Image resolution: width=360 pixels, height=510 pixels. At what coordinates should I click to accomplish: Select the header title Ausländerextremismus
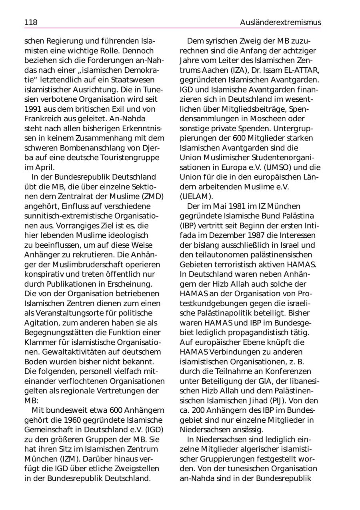coord(280,22)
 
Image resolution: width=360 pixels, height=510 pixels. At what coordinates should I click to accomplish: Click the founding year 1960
coord(73,420)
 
